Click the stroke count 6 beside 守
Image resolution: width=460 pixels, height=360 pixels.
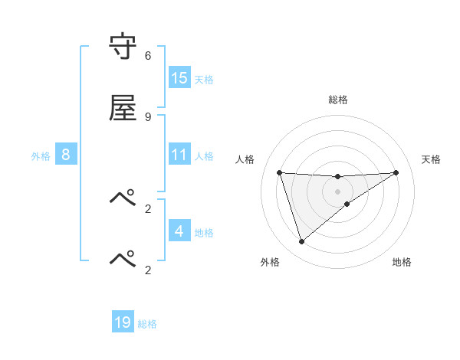pyautogui.click(x=148, y=56)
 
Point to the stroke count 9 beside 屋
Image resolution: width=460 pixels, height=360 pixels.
pyautogui.click(x=148, y=117)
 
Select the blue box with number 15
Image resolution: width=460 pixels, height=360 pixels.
pyautogui.click(x=179, y=78)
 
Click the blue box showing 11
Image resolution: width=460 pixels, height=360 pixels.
pyautogui.click(x=179, y=155)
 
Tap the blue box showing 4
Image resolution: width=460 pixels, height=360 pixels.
pyautogui.click(x=179, y=231)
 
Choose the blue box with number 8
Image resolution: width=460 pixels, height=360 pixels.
pyautogui.click(x=66, y=155)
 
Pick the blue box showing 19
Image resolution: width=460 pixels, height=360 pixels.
pyautogui.click(x=123, y=322)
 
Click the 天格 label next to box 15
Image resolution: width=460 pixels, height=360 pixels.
pyautogui.click(x=204, y=80)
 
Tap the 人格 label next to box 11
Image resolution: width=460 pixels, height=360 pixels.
pyautogui.click(x=204, y=156)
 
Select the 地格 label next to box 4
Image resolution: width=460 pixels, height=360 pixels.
pyautogui.click(x=204, y=233)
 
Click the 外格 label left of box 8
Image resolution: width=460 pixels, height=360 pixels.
pyautogui.click(x=41, y=156)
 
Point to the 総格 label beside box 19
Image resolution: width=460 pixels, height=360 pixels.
pyautogui.click(x=147, y=324)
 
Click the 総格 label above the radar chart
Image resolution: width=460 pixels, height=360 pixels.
pyautogui.click(x=338, y=100)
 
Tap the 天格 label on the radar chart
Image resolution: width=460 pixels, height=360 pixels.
pyautogui.click(x=431, y=159)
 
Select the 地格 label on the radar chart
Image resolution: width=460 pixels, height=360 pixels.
pyautogui.click(x=402, y=262)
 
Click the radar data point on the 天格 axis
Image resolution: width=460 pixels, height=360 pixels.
pyautogui.click(x=396, y=172)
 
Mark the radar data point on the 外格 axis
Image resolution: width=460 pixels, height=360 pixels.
pyautogui.click(x=301, y=242)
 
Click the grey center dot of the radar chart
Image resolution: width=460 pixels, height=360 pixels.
pyautogui.click(x=337, y=191)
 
